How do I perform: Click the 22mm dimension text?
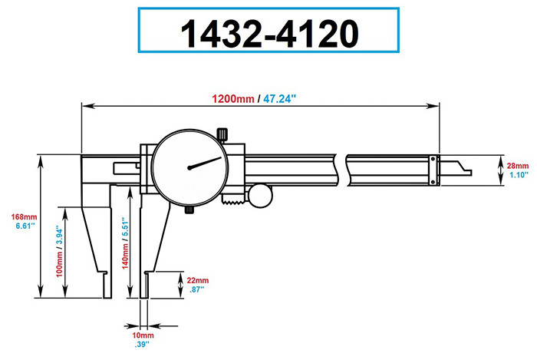(198, 280)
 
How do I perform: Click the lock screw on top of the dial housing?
(223, 134)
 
